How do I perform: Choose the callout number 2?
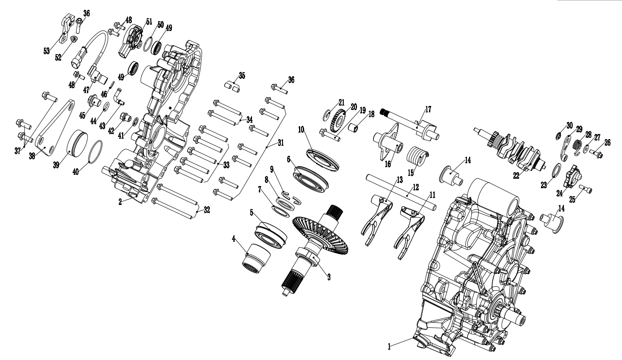[121, 201]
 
